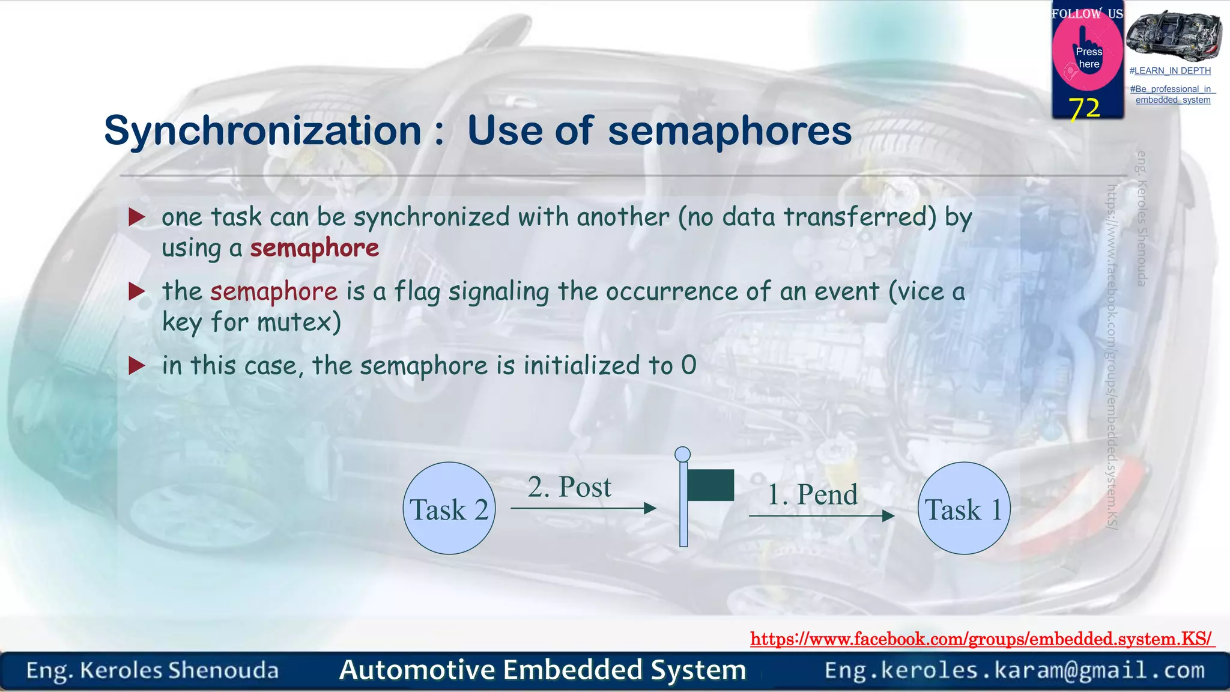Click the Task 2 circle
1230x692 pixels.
449,508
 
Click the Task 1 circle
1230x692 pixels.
964,508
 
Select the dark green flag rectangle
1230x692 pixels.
710,485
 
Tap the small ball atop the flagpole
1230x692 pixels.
682,454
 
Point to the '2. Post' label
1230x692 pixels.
569,487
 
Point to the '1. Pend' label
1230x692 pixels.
813,494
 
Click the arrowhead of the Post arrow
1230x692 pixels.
650,508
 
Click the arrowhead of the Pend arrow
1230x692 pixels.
888,515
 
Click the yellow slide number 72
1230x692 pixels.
1084,108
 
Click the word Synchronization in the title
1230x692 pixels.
262,130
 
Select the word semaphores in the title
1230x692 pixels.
729,130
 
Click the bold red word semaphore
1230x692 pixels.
315,247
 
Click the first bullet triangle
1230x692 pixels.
137,217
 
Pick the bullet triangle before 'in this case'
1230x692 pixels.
137,365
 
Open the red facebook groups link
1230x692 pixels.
981,639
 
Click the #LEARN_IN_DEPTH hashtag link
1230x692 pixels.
1169,71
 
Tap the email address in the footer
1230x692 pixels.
1014,670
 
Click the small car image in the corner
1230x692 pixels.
1173,34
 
